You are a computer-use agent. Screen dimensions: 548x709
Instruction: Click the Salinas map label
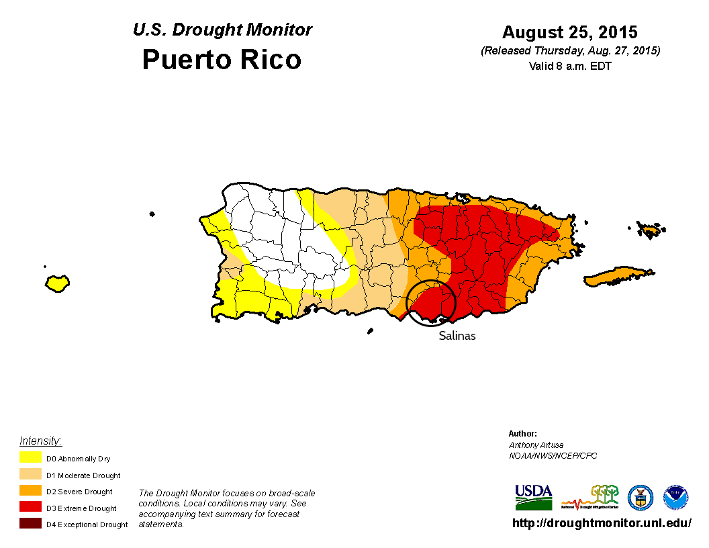(457, 336)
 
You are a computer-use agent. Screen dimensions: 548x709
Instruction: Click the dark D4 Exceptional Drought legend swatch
(31, 524)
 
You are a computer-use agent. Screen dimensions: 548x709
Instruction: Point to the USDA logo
(533, 497)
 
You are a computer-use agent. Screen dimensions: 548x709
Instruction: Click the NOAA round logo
(675, 498)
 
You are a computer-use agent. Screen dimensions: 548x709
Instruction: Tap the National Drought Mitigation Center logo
(590, 497)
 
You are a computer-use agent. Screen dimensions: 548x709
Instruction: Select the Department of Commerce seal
(640, 498)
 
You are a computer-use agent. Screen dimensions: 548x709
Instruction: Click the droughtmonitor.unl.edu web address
(602, 523)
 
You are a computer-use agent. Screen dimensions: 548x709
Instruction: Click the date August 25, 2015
(570, 32)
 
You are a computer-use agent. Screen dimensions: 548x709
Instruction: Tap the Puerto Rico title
(222, 60)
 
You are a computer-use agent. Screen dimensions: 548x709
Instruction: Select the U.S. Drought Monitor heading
(222, 30)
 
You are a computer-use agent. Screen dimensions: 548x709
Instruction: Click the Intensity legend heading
(40, 441)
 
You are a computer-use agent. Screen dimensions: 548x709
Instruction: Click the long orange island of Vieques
(618, 276)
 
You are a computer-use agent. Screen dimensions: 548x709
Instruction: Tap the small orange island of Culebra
(650, 230)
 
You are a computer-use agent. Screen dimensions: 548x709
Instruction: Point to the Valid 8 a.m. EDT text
(570, 66)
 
